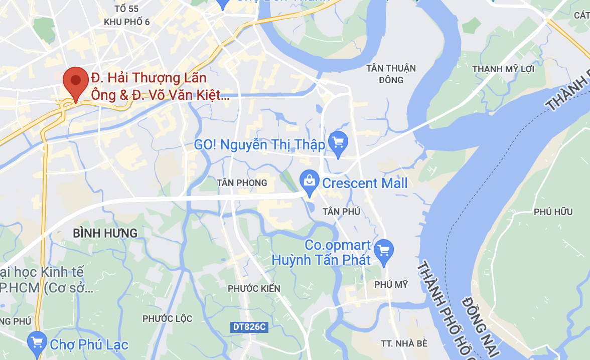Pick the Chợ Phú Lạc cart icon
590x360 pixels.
coord(38,343)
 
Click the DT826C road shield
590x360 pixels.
coord(249,327)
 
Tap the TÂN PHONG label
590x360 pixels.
coord(242,183)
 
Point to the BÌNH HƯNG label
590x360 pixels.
coord(105,233)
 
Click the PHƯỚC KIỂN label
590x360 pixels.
coord(254,288)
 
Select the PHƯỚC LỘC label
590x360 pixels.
coord(168,318)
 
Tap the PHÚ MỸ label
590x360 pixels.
coord(391,284)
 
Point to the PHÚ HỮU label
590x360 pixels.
coord(553,212)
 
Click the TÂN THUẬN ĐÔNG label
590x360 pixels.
coord(391,74)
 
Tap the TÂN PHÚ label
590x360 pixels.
coord(342,212)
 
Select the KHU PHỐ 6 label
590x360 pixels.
coord(126,22)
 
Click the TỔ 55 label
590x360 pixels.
coord(126,9)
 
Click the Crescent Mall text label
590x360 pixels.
coord(365,183)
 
